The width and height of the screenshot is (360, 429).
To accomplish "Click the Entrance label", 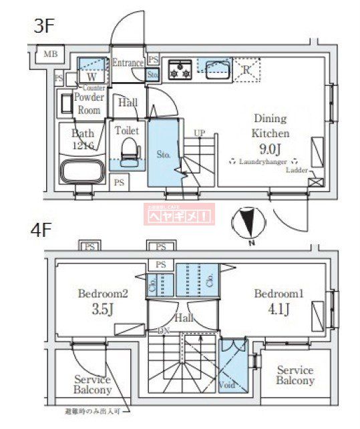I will (128, 63).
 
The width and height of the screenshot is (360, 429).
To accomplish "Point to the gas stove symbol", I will (180, 69).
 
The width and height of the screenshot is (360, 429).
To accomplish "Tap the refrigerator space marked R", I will (248, 69).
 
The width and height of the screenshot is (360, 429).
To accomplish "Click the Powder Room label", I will (89, 103).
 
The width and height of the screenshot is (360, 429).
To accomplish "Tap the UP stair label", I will (199, 133).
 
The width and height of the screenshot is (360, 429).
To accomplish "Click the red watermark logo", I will (179, 214).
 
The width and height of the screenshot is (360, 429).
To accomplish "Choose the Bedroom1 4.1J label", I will (279, 301).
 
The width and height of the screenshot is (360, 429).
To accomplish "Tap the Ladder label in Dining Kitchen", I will (297, 170).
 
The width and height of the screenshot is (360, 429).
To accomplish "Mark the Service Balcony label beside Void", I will (295, 375).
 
